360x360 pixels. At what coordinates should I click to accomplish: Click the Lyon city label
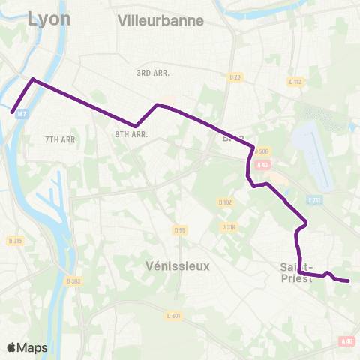49,19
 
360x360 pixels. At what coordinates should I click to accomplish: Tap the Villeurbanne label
160,21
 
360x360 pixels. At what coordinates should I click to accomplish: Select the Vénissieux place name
178,266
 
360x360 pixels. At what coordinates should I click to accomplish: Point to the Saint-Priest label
295,272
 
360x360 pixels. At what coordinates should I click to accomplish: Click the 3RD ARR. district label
154,73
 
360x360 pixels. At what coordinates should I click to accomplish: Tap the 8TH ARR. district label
130,134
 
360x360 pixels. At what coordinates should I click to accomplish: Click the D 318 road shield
229,226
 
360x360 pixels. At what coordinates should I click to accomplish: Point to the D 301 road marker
174,315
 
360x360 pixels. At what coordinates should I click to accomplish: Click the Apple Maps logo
28,347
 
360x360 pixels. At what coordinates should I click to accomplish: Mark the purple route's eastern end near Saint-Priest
349,281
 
